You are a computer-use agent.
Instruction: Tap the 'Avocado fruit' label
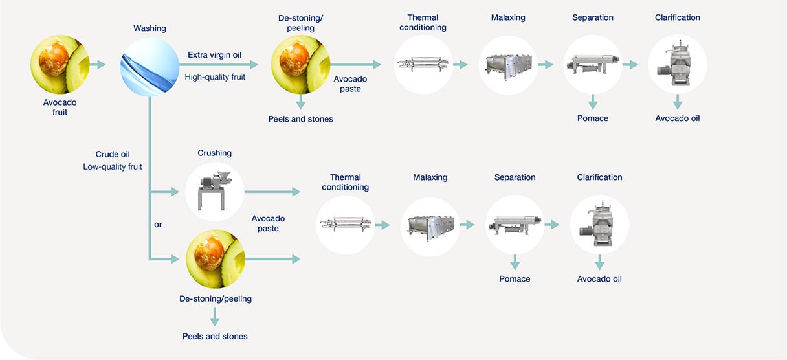60,107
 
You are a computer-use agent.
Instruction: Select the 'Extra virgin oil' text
215,55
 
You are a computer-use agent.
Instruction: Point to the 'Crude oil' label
112,154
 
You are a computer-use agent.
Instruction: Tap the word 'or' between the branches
158,225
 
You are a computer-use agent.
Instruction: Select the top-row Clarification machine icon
677,64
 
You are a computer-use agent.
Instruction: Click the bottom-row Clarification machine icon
599,225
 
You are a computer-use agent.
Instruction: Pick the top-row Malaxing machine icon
507,65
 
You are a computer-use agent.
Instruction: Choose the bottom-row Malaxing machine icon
430,225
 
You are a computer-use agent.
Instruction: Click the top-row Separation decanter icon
592,65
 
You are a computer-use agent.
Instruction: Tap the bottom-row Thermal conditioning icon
346,225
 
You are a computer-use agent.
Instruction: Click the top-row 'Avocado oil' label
677,118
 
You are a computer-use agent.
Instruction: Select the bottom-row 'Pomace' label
515,279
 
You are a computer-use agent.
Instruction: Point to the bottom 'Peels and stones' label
215,336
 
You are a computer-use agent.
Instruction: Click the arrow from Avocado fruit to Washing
97,65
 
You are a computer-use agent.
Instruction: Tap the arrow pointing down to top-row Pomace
593,101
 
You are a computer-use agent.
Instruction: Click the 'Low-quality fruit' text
112,166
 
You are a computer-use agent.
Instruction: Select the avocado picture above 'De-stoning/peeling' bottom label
215,259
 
